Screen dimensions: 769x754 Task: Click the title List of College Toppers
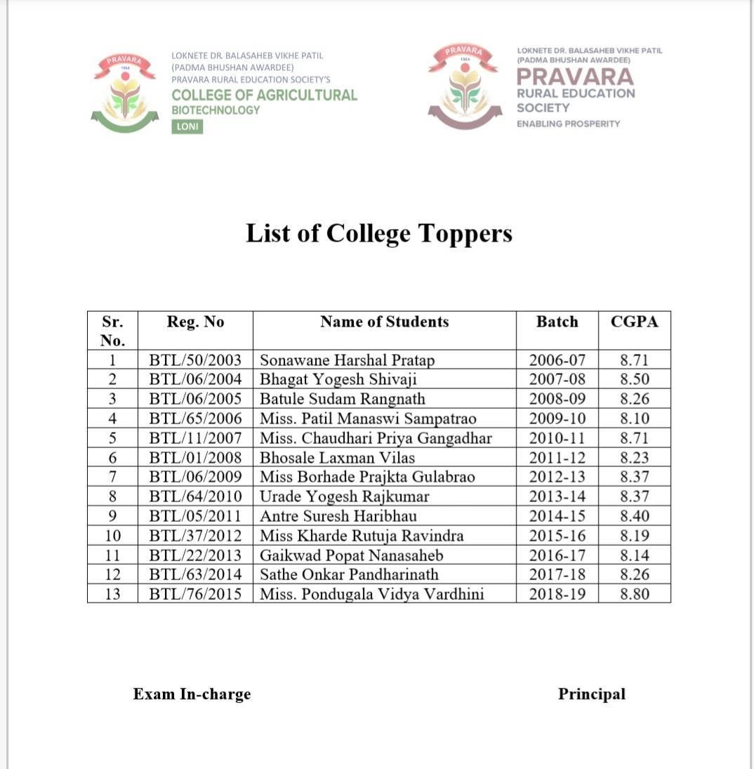pyautogui.click(x=378, y=233)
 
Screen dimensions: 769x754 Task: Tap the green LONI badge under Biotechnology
pyautogui.click(x=187, y=127)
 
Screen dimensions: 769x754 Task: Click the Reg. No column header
pyautogui.click(x=195, y=322)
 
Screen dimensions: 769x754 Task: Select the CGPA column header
pyautogui.click(x=635, y=322)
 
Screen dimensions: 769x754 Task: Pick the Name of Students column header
pyautogui.click(x=384, y=322)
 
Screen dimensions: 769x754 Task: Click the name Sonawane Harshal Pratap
pyautogui.click(x=347, y=360)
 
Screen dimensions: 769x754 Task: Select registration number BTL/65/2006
pyautogui.click(x=195, y=419)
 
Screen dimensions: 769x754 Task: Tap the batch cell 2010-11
pyautogui.click(x=557, y=439)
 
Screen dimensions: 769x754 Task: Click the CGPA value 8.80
pyautogui.click(x=635, y=594)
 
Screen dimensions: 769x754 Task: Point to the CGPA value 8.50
pyautogui.click(x=635, y=380)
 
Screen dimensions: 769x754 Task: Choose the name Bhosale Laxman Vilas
pyautogui.click(x=337, y=458)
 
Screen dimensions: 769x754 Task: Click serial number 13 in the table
pyautogui.click(x=112, y=594)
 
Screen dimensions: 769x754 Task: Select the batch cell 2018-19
pyautogui.click(x=557, y=594)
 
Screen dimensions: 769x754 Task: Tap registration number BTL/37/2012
pyautogui.click(x=195, y=536)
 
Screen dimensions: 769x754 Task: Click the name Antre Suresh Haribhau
pyautogui.click(x=338, y=516)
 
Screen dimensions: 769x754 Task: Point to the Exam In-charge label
pyautogui.click(x=192, y=695)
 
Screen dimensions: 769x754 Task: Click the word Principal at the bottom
pyautogui.click(x=591, y=694)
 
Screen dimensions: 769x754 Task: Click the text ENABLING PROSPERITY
pyautogui.click(x=568, y=124)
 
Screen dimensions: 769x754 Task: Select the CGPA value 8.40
pyautogui.click(x=635, y=516)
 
